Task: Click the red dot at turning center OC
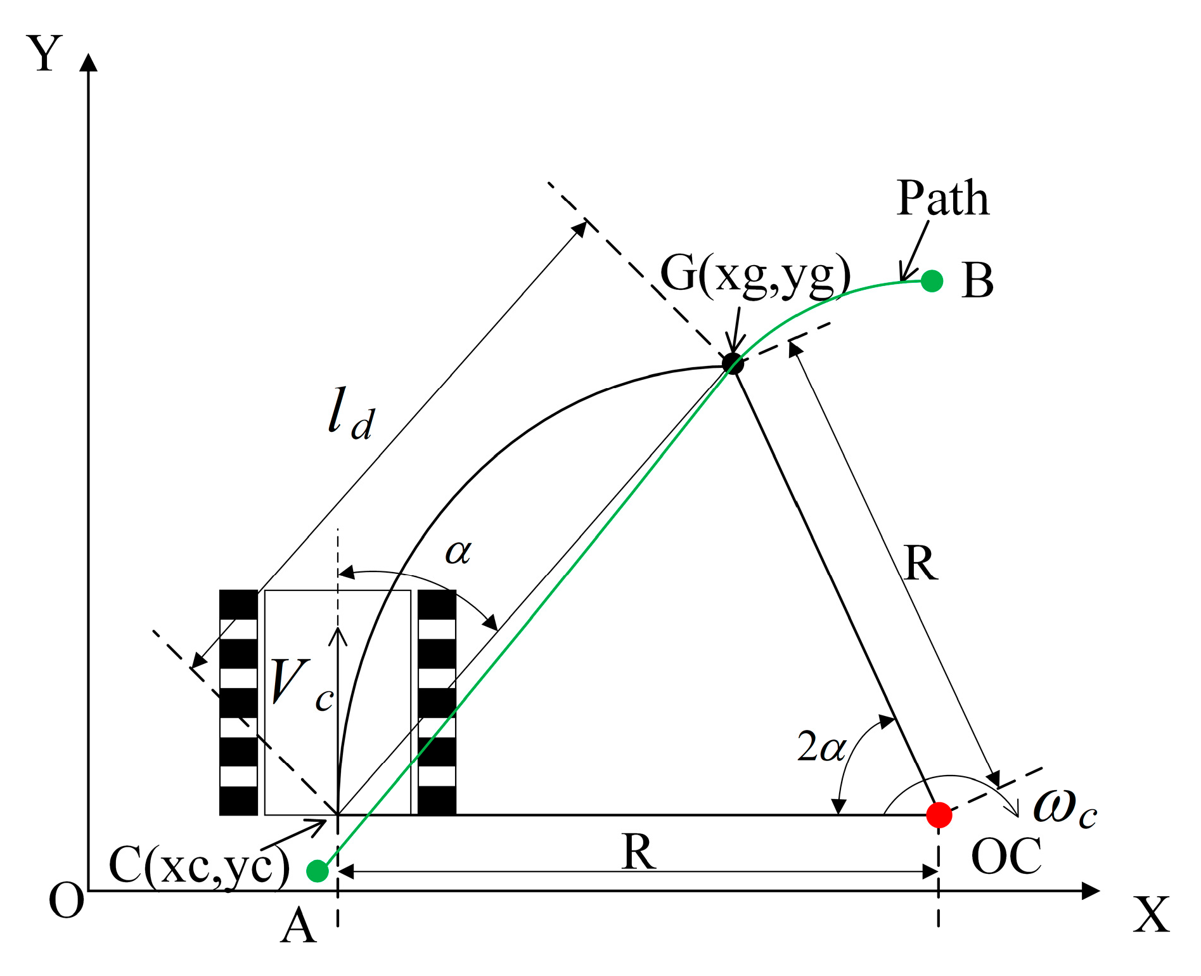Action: pyautogui.click(x=939, y=815)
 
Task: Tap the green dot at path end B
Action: pyautogui.click(x=932, y=280)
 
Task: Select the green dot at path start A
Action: pyautogui.click(x=317, y=871)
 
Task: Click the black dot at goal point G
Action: pyautogui.click(x=733, y=364)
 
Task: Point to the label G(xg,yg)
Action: pyautogui.click(x=755, y=275)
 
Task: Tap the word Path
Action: pyautogui.click(x=942, y=199)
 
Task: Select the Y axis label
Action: pyautogui.click(x=44, y=55)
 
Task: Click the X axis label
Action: pyautogui.click(x=1151, y=915)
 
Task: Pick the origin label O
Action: pyautogui.click(x=66, y=901)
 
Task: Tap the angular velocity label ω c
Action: pyautogui.click(x=1065, y=808)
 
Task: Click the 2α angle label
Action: pyautogui.click(x=821, y=747)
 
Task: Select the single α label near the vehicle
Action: pyautogui.click(x=458, y=552)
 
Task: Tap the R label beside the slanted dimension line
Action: pyautogui.click(x=920, y=563)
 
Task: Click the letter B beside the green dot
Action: pyautogui.click(x=977, y=281)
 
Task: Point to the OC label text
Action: pyautogui.click(x=1006, y=857)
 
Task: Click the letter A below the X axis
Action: pyautogui.click(x=298, y=927)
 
